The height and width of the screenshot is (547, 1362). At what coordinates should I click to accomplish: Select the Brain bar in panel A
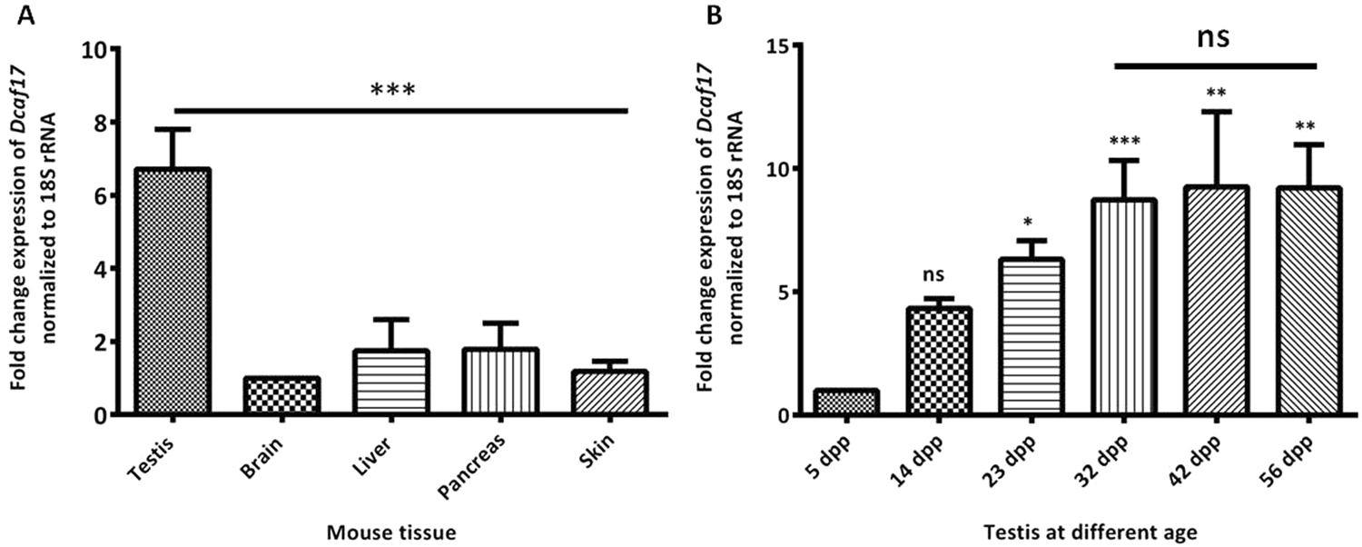point(282,396)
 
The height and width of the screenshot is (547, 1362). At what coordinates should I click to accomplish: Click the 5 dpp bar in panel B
point(844,403)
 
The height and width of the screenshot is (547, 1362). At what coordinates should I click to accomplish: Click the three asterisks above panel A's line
point(392,91)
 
